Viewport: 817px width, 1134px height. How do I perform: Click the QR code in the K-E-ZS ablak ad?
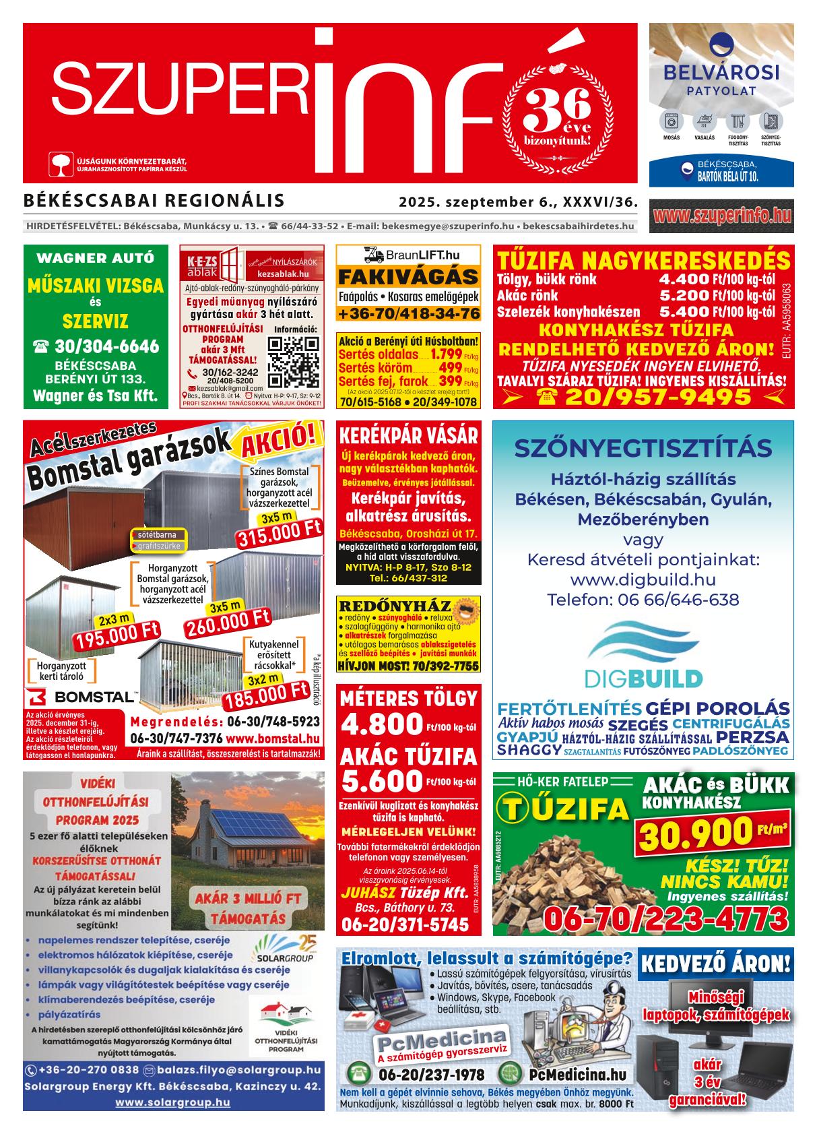(x=294, y=361)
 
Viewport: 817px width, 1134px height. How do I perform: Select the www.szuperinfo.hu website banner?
(x=721, y=216)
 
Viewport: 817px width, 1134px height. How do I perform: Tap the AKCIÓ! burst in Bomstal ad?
(x=277, y=442)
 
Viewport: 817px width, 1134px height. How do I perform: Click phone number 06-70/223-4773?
(x=665, y=918)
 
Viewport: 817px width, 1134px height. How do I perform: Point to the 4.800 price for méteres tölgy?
(x=382, y=725)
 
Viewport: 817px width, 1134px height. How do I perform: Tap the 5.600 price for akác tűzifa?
(x=382, y=781)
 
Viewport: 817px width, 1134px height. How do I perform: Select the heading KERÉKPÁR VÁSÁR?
(x=408, y=435)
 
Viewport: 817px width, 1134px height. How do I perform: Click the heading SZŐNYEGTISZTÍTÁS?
(x=643, y=447)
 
